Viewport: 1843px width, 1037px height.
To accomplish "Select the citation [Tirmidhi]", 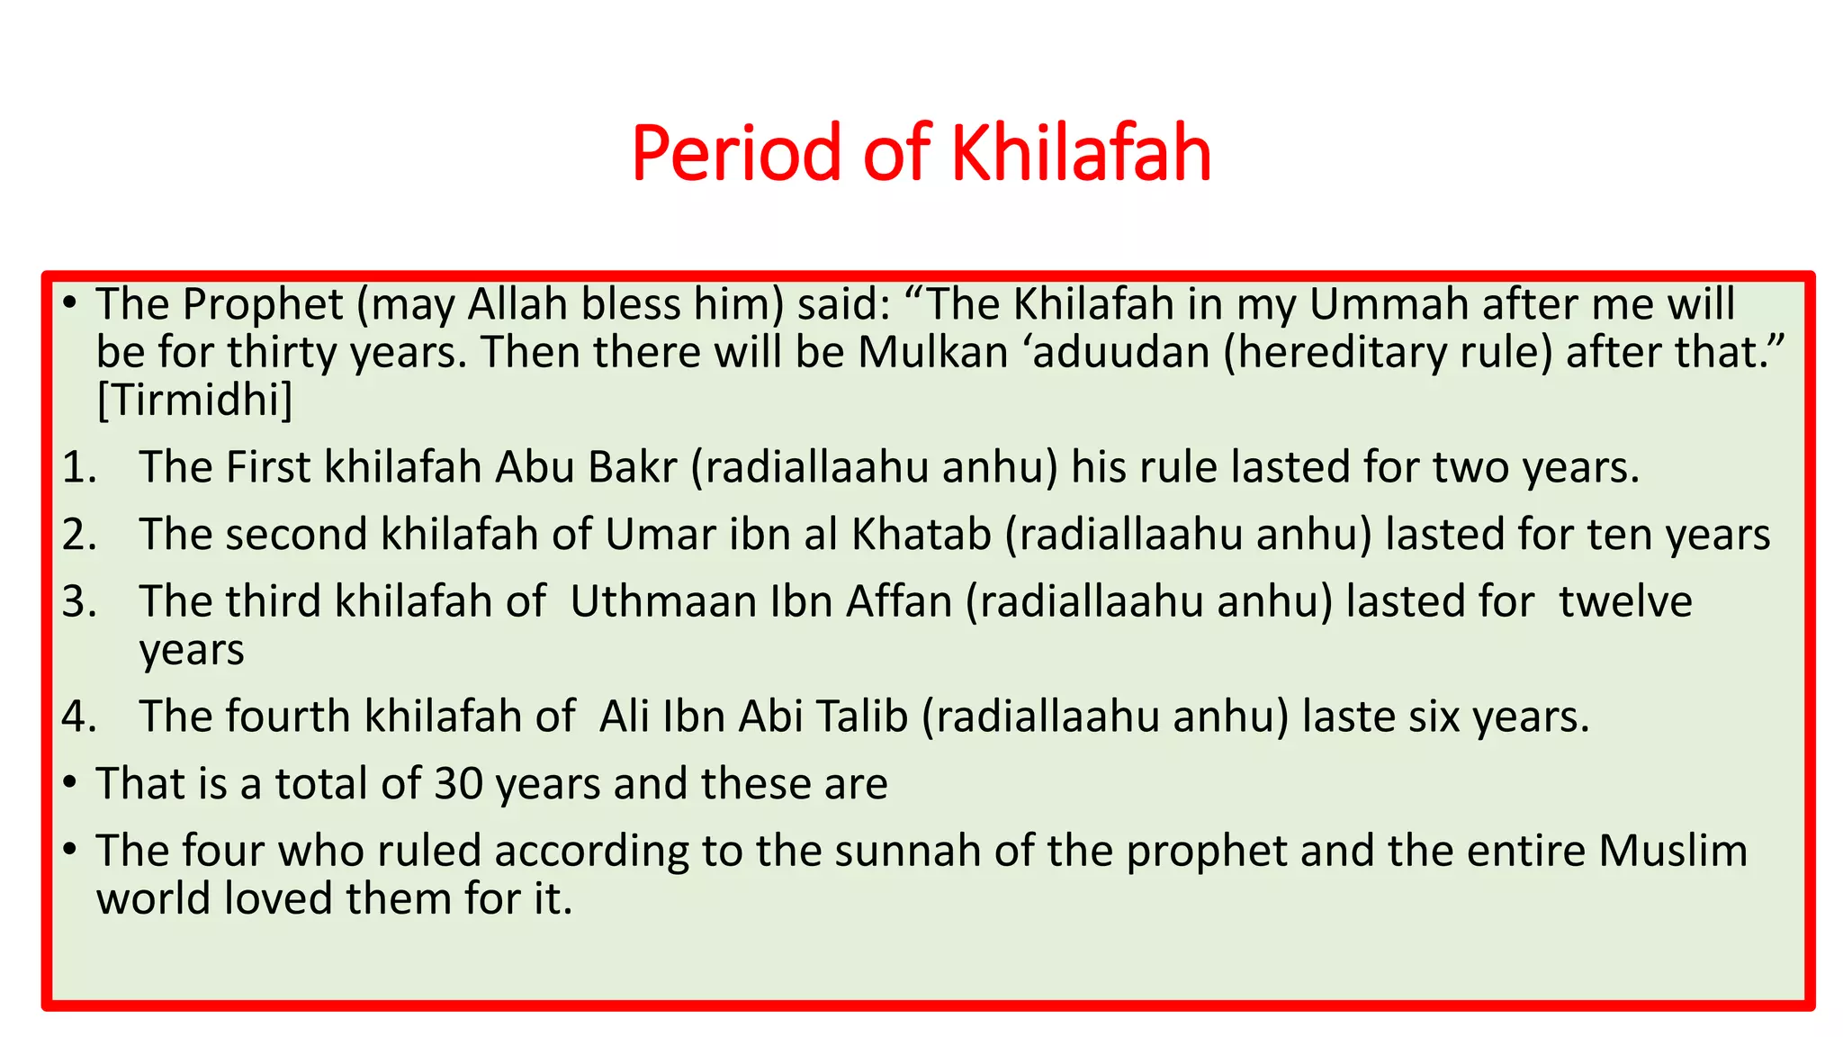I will [x=194, y=400].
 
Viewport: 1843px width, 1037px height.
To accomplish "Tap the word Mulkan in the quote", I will [x=932, y=352].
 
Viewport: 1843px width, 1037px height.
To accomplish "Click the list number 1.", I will [x=79, y=467].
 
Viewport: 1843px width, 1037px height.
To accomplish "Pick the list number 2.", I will [x=79, y=534].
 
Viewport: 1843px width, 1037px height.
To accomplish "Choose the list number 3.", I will [x=79, y=601].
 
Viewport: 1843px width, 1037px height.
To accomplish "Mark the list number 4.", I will [x=79, y=717].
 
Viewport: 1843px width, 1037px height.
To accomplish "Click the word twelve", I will [x=1625, y=601].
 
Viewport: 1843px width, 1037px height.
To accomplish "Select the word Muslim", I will [x=1673, y=851].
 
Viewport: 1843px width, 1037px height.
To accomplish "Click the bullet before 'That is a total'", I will [x=70, y=783].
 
